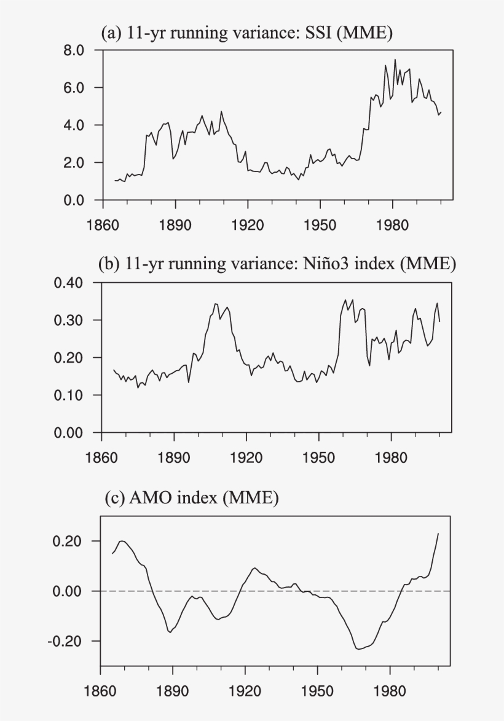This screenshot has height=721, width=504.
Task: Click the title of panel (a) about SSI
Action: pyautogui.click(x=246, y=34)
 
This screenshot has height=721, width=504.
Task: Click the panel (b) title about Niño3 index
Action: pyautogui.click(x=277, y=264)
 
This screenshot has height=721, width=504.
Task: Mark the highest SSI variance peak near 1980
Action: pyautogui.click(x=395, y=60)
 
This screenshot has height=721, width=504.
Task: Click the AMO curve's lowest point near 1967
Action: pyautogui.click(x=358, y=648)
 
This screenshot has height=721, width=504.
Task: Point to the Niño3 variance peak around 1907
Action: pyautogui.click(x=215, y=303)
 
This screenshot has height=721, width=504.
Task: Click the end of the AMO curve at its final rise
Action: pyautogui.click(x=438, y=534)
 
